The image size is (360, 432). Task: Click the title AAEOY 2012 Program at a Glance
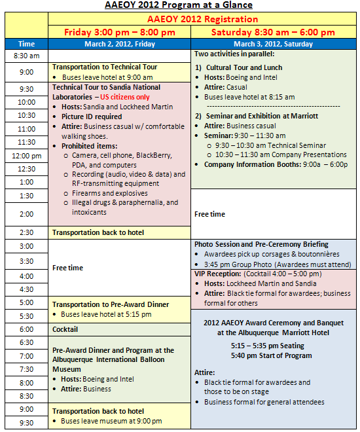(x=179, y=5)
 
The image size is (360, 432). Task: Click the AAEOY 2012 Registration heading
(x=202, y=20)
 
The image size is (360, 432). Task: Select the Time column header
(x=27, y=45)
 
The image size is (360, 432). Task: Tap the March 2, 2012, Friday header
(x=120, y=45)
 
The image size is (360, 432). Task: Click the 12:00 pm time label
(x=27, y=156)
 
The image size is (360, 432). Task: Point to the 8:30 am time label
(x=27, y=56)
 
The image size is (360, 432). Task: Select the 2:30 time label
(x=27, y=232)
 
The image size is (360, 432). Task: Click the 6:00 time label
(x=27, y=329)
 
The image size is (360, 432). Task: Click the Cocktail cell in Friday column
(x=65, y=329)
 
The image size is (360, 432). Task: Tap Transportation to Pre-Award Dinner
(x=111, y=304)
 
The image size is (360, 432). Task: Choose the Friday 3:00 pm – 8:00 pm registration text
(x=119, y=32)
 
